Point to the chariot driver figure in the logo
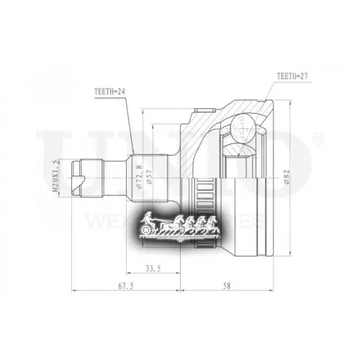(x=148, y=217)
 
